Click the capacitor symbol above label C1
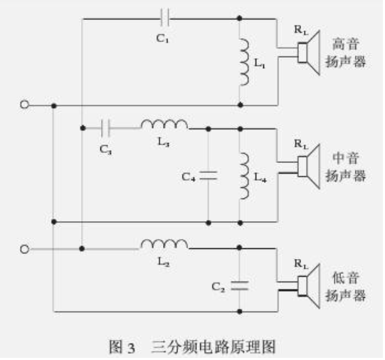(x=165, y=18)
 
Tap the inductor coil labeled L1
(x=245, y=62)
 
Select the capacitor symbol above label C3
(x=106, y=128)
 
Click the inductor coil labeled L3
(x=164, y=124)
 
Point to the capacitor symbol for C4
(x=209, y=176)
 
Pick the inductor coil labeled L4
(x=245, y=176)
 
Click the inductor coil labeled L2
(x=164, y=244)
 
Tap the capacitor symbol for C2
(x=240, y=286)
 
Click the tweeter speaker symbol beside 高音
(x=309, y=53)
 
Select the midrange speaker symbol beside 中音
(x=309, y=166)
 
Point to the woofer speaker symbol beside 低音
(x=309, y=286)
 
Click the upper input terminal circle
(x=25, y=105)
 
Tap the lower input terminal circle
(x=25, y=249)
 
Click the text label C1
(x=162, y=38)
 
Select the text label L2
(x=163, y=262)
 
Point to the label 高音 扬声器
(x=345, y=53)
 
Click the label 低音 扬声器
(x=345, y=287)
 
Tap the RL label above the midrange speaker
(x=301, y=144)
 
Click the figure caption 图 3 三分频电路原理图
(x=192, y=346)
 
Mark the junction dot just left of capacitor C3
(x=83, y=128)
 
